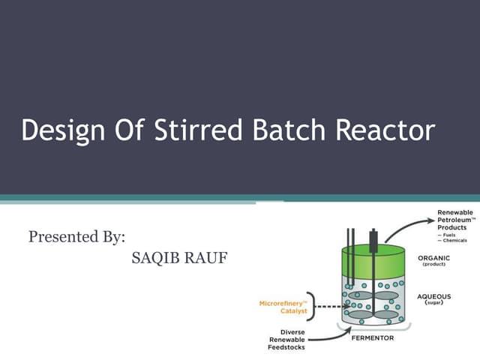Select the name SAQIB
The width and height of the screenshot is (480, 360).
point(154,259)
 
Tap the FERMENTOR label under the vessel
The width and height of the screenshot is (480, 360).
point(373,338)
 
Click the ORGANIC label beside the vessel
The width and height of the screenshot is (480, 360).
point(433,258)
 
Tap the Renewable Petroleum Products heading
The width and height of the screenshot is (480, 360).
point(454,220)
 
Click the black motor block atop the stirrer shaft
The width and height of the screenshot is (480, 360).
point(373,241)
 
